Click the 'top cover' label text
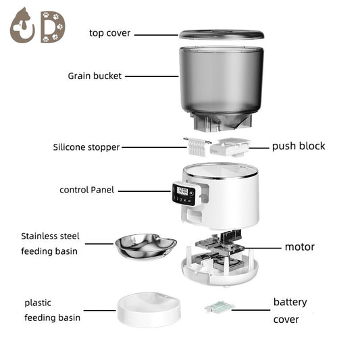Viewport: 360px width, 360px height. click(109, 32)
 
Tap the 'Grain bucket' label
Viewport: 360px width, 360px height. click(95, 76)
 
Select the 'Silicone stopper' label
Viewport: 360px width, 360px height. click(86, 147)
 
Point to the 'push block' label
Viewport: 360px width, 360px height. click(298, 146)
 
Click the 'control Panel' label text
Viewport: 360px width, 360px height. click(86, 190)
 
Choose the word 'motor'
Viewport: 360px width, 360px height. click(299, 247)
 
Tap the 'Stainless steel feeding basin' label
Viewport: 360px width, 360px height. click(51, 244)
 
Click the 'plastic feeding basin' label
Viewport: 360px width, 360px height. click(52, 310)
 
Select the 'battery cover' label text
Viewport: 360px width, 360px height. click(290, 310)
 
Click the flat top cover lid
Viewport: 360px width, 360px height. click(221, 34)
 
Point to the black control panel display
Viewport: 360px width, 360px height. click(183, 195)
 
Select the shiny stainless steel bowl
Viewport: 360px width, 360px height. click(146, 246)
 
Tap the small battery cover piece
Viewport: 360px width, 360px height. click(219, 307)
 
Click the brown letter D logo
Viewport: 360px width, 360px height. click(51, 26)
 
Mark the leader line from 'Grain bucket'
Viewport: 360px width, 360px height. click(151, 76)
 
